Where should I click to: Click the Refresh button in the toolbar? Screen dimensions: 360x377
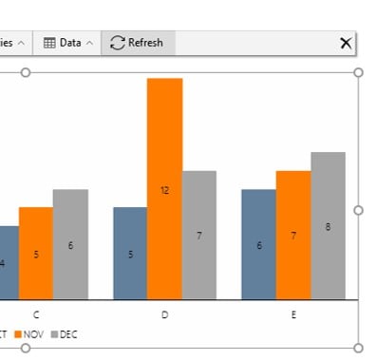(137, 43)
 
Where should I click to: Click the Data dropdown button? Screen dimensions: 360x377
(68, 43)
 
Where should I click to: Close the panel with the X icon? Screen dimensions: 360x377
(346, 43)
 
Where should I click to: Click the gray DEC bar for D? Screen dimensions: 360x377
(198, 235)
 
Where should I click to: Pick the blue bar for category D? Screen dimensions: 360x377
(130, 253)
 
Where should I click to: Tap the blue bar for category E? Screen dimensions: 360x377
(258, 244)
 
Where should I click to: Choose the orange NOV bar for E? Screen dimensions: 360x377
(292, 235)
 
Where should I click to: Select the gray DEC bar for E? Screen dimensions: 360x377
(328, 225)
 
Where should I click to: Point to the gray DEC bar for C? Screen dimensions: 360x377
(70, 244)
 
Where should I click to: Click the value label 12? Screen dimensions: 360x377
(164, 190)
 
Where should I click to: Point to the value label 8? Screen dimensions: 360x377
(328, 227)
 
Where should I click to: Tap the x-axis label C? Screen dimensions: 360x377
(36, 314)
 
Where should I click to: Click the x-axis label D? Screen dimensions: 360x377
(164, 314)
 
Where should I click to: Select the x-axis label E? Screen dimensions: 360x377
(292, 314)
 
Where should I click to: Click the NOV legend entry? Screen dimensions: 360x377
(28, 334)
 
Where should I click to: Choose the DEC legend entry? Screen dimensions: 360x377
(64, 334)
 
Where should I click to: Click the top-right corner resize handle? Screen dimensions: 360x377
(358, 72)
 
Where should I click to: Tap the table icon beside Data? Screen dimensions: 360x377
(50, 43)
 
